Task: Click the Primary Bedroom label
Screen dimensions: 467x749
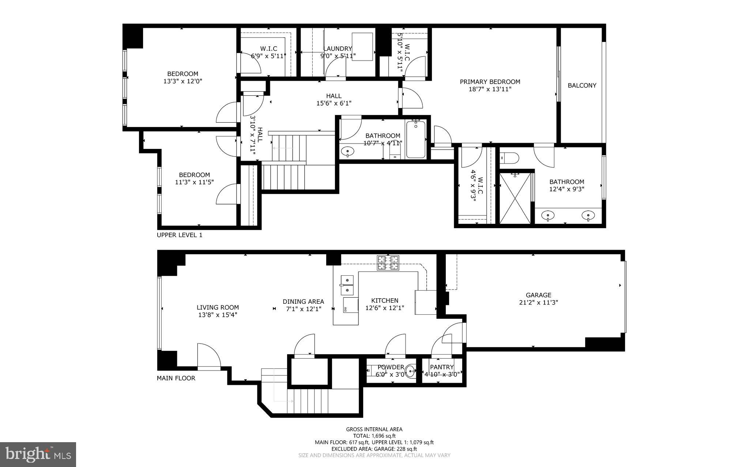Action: (x=490, y=82)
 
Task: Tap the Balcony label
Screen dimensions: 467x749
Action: (x=582, y=85)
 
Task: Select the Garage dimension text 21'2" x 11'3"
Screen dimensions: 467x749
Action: (x=538, y=302)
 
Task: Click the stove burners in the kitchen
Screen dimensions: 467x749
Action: (x=388, y=263)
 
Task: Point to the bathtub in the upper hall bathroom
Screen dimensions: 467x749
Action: (x=416, y=139)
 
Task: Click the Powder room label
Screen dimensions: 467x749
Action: (x=391, y=367)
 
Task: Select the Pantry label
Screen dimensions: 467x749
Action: (x=442, y=367)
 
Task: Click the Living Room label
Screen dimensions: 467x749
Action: (x=218, y=307)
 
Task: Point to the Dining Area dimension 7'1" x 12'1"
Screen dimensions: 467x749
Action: (x=303, y=309)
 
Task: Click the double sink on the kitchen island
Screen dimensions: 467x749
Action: (x=346, y=285)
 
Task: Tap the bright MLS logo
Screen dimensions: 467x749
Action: (x=38, y=454)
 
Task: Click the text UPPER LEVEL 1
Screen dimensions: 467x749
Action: (x=180, y=235)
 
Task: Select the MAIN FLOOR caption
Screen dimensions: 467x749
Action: (x=176, y=378)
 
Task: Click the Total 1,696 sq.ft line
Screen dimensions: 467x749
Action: (x=374, y=436)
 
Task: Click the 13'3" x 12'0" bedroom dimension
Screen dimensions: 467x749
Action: (x=182, y=81)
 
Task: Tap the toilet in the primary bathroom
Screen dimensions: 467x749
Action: (x=510, y=158)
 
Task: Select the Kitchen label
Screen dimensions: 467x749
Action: (x=384, y=301)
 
